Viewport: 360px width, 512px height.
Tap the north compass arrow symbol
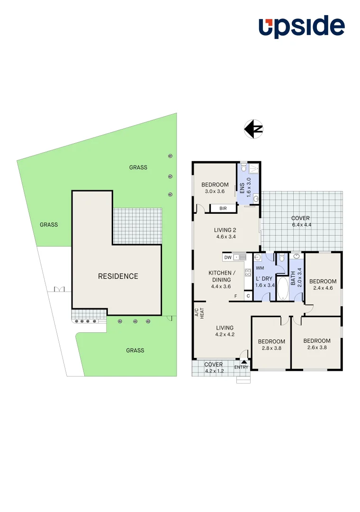click(x=253, y=129)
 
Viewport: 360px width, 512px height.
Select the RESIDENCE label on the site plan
click(x=118, y=276)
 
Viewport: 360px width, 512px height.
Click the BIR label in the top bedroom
click(x=223, y=208)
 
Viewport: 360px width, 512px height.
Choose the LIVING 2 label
click(x=225, y=230)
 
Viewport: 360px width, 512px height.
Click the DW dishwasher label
click(x=228, y=257)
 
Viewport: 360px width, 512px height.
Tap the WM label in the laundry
click(x=260, y=268)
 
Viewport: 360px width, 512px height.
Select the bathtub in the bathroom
click(x=282, y=289)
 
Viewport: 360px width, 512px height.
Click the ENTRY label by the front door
click(x=241, y=367)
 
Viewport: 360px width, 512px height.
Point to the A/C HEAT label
click(x=198, y=313)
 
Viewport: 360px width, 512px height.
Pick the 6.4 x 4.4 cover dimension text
click(x=301, y=225)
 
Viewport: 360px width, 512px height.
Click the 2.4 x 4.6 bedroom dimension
click(x=323, y=288)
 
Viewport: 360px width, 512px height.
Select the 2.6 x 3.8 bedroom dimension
click(x=317, y=347)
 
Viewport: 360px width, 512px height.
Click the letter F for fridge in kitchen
click(x=235, y=296)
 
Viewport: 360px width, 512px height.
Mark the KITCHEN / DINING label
click(x=222, y=276)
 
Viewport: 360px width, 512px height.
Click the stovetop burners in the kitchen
click(x=247, y=273)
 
